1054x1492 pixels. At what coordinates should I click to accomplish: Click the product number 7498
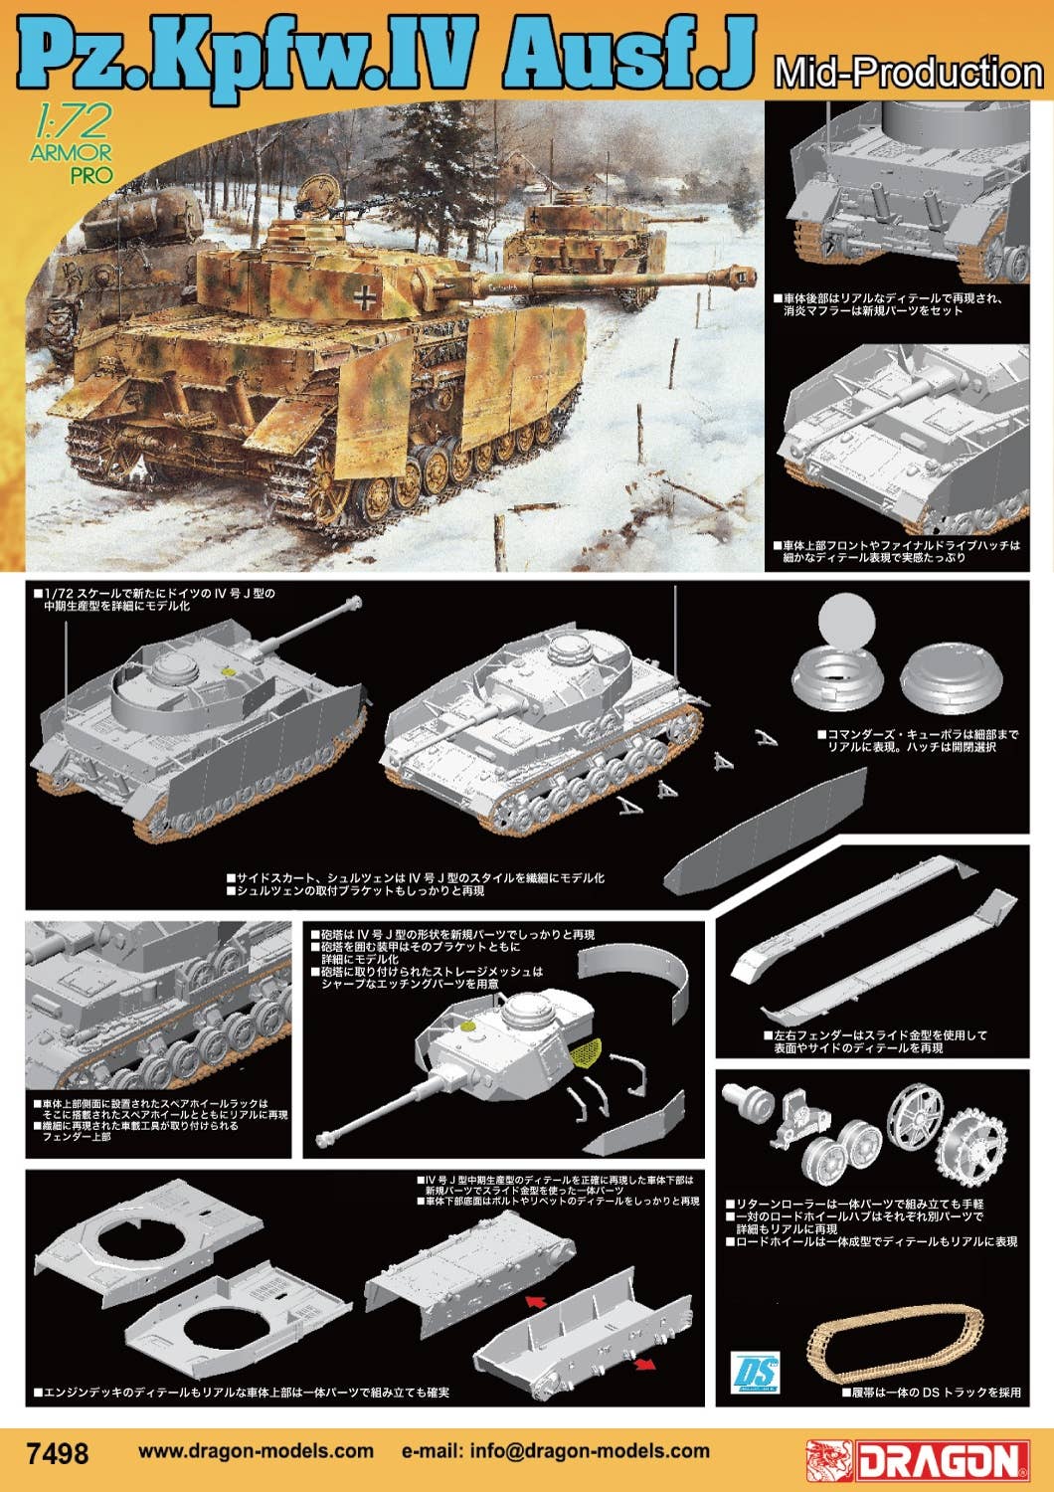[60, 1453]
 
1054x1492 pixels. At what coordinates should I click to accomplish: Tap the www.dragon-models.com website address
[256, 1451]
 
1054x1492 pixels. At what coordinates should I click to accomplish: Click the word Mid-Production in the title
[907, 73]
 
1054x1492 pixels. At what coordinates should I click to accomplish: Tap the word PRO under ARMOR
[90, 175]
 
